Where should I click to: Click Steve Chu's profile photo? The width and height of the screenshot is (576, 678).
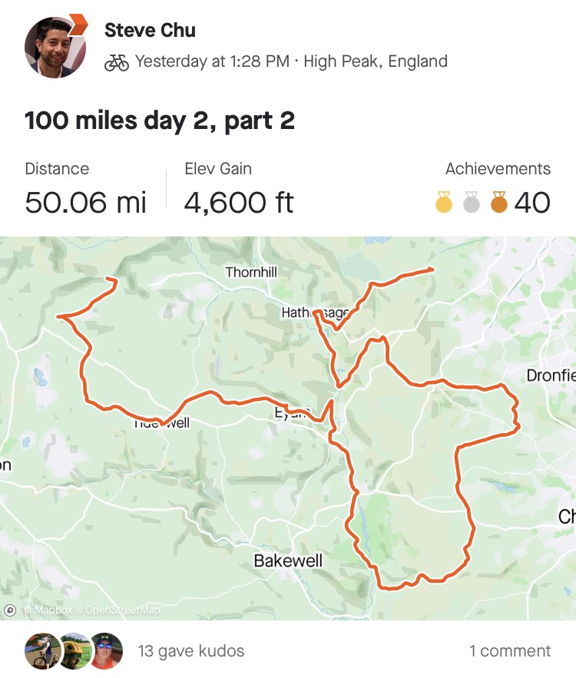[x=56, y=46]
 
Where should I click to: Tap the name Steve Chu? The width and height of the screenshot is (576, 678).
[x=150, y=31]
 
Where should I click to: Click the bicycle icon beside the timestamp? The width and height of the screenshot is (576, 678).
[x=117, y=62]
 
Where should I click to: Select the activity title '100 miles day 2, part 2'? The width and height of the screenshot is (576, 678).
[x=160, y=121]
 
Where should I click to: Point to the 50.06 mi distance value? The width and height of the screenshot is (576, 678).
[x=85, y=202]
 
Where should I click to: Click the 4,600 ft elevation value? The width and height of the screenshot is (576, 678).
[x=239, y=202]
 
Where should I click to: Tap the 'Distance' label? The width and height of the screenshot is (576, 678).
[x=57, y=169]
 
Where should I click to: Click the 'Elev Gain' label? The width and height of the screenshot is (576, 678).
[x=218, y=169]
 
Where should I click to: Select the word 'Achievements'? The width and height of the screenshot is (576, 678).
[x=498, y=169]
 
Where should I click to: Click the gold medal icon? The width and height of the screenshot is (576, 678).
[x=444, y=203]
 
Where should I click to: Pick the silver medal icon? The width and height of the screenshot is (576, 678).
[x=472, y=203]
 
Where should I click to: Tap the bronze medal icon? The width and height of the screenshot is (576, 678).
[x=499, y=203]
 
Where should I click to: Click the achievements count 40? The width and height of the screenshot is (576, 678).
[x=532, y=203]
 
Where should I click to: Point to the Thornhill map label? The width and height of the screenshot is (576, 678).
[x=251, y=273]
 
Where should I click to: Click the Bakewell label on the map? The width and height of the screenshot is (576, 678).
[x=288, y=561]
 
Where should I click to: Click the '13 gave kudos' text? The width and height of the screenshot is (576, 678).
[x=191, y=651]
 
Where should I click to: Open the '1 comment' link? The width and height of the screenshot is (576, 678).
[x=510, y=651]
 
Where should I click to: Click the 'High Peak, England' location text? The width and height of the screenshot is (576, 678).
[x=376, y=62]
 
